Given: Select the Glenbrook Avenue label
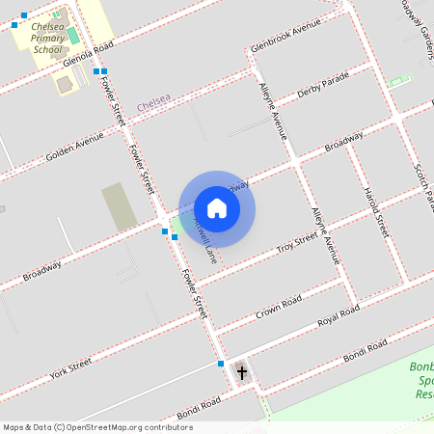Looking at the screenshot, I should pos(285,37).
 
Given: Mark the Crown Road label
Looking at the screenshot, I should pos(280,310).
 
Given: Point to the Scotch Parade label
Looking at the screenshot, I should pos(421,183).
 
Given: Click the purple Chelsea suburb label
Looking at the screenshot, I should pos(153,101).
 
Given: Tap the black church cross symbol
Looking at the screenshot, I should pos(241,371).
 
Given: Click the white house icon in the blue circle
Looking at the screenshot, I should pos(217,208).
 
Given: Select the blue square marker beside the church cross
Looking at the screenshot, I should pos(221,364).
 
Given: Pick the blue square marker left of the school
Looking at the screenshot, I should pos(14,26).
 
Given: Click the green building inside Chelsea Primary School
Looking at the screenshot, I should pos(73,36).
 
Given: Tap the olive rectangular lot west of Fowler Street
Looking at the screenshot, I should pos(120,206).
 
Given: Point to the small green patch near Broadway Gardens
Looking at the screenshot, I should pos(399,79).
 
